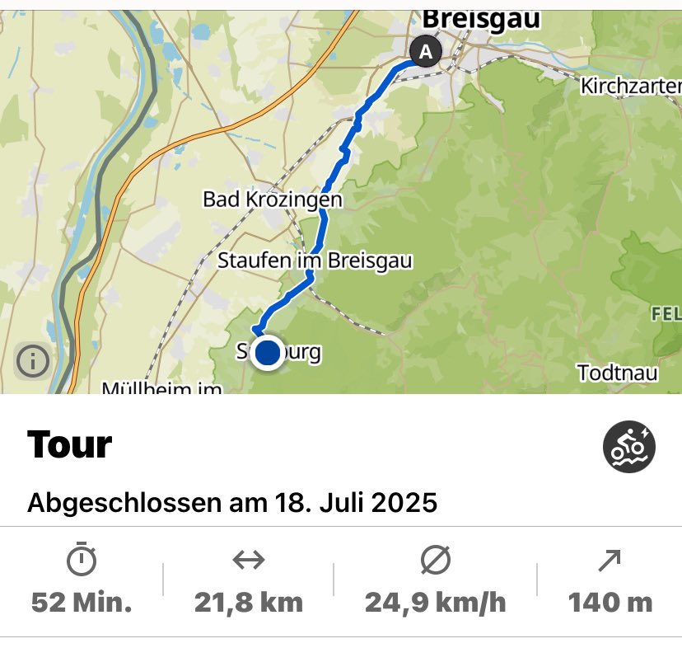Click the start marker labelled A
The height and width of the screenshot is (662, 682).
pos(425,52)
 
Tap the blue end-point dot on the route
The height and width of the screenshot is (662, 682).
pos(268,353)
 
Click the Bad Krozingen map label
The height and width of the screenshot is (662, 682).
pos(272,200)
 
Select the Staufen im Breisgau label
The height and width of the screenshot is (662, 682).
pos(315,261)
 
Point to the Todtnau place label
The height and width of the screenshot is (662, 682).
pos(618,373)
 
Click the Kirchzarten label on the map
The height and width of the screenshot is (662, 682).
pos(631,86)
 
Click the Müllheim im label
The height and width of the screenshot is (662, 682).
pos(161,387)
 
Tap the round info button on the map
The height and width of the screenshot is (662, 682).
pos(33,360)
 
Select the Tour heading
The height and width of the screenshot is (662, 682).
pos(70,445)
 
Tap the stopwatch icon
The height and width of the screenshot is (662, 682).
pos(82,561)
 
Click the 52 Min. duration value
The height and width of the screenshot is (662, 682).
pos(82,603)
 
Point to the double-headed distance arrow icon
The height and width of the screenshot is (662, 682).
pos(248,561)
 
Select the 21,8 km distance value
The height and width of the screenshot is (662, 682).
pos(249,603)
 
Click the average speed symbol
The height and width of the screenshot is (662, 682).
pos(435,561)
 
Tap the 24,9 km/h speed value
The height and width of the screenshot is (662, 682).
pos(436,603)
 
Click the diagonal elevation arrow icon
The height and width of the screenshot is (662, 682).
pos(610,561)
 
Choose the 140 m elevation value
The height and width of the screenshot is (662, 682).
pos(610,603)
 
